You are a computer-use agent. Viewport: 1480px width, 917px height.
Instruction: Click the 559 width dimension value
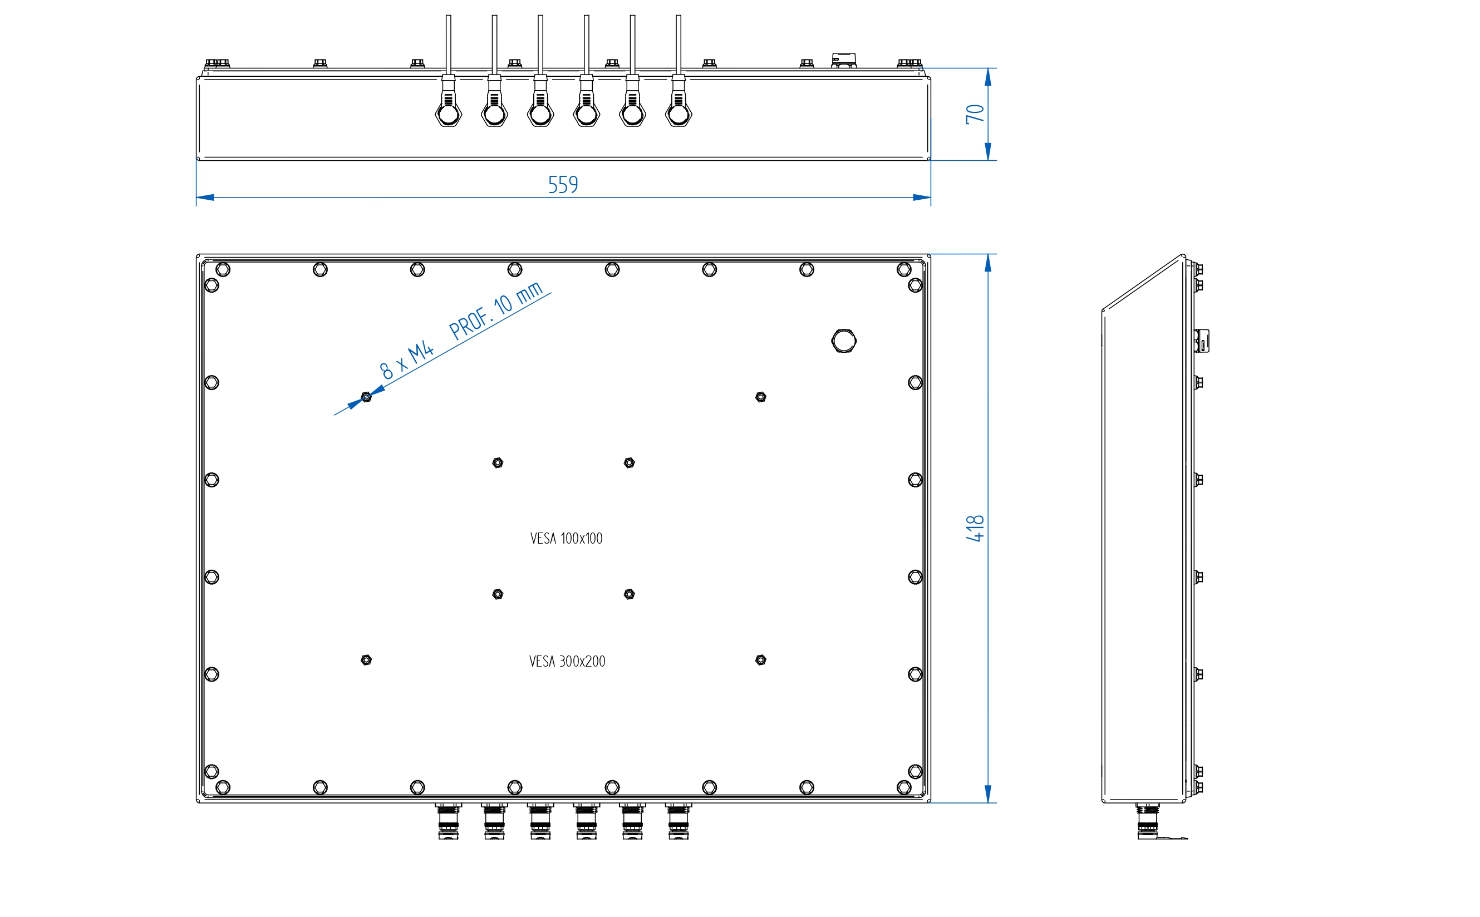563,184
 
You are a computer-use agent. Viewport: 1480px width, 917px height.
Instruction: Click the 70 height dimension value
975,114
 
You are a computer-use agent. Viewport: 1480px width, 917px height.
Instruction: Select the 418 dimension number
975,528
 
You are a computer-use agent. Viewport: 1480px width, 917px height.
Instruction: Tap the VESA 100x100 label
566,539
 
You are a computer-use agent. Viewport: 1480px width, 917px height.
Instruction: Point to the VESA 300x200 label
567,662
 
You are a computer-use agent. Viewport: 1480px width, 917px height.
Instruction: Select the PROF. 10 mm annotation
495,310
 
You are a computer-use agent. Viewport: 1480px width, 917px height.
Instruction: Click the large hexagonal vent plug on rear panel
844,341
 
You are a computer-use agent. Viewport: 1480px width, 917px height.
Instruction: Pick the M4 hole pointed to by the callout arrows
366,397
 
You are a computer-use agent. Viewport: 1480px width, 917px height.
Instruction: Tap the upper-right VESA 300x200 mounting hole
761,397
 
